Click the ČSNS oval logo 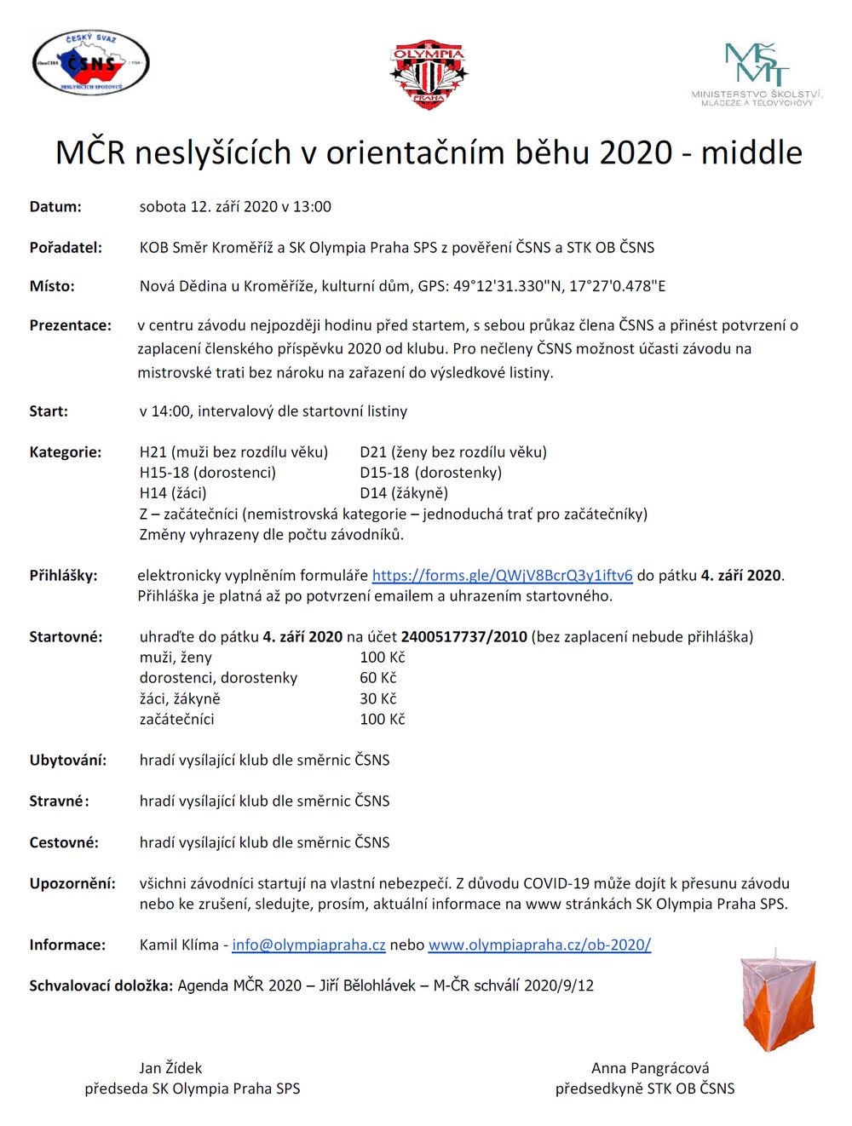click(x=90, y=63)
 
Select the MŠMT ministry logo click(x=757, y=74)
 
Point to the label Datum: click(x=55, y=207)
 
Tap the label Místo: click(x=52, y=286)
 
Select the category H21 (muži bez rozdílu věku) click(x=233, y=452)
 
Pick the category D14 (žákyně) click(x=404, y=493)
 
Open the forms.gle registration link click(x=502, y=576)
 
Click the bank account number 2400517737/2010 click(x=464, y=637)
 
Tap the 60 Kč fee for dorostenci click(x=378, y=678)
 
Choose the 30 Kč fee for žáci click(x=378, y=698)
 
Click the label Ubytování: click(x=68, y=761)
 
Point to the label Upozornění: click(x=72, y=883)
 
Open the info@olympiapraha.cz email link click(x=308, y=945)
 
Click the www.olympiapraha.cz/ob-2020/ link click(x=539, y=945)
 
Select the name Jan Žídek click(x=170, y=1068)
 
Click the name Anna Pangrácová click(x=650, y=1068)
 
